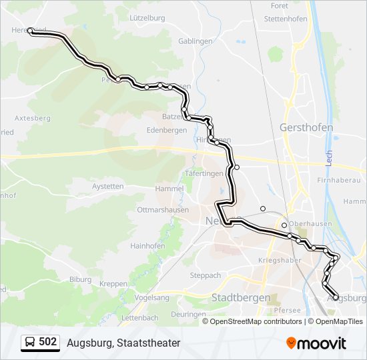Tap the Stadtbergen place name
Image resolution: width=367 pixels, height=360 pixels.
[x=240, y=297]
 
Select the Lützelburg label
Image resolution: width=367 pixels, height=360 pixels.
[x=147, y=17]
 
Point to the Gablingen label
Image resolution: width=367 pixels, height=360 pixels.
[x=196, y=41]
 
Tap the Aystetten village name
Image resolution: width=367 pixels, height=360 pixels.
[x=107, y=187]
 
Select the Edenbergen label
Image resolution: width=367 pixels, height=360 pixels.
[x=166, y=131]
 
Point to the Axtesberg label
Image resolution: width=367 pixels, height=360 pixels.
[x=32, y=118]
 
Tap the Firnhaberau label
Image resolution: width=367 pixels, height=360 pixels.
[x=340, y=180]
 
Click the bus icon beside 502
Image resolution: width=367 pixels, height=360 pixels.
[x=30, y=343]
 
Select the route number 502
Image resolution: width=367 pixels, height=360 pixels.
[x=48, y=342]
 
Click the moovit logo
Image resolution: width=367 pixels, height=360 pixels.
[x=316, y=343]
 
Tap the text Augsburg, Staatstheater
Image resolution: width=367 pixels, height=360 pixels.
[x=123, y=343]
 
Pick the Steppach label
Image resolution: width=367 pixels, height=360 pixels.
[x=205, y=275]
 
